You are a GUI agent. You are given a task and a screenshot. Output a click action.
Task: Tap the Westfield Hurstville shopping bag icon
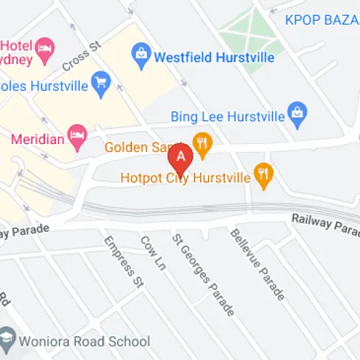click(140, 53)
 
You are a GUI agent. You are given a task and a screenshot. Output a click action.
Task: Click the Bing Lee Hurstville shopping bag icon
click(296, 111)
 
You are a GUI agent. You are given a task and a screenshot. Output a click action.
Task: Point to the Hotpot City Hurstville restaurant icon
click(264, 174)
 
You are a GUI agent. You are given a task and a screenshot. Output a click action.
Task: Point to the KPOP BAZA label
click(322, 19)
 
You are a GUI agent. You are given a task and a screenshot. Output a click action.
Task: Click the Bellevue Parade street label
click(256, 264)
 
